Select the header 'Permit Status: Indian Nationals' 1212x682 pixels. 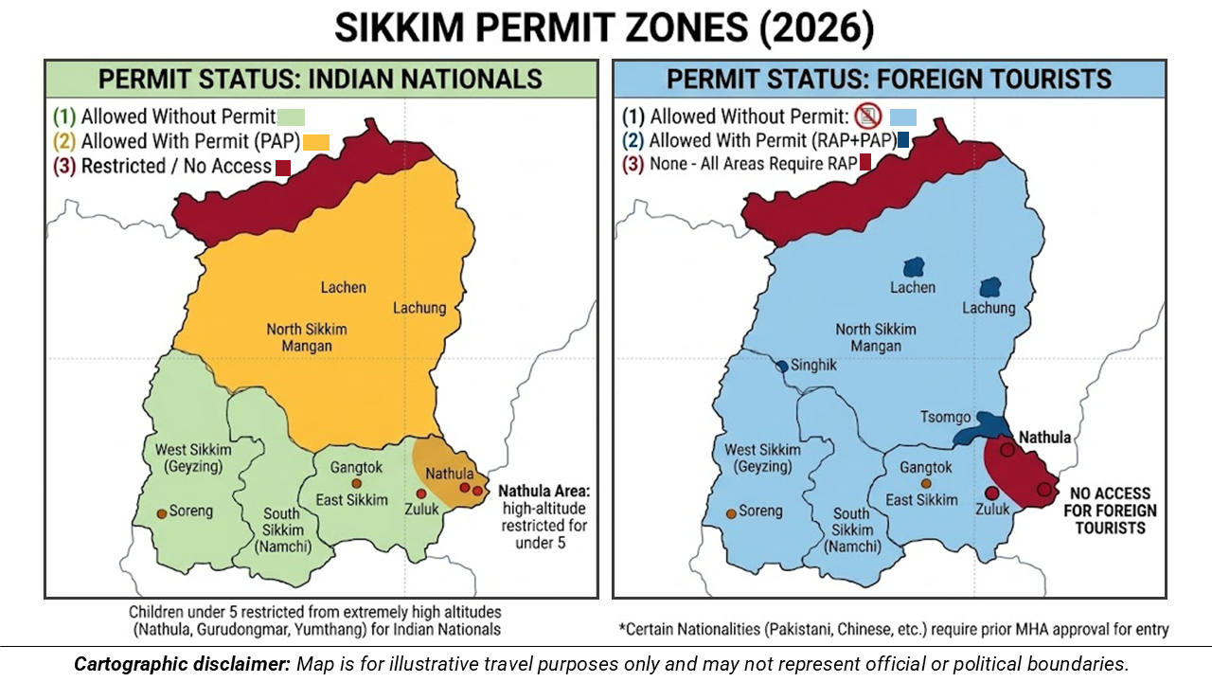[321, 79]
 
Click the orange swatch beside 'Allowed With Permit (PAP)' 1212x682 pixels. [315, 143]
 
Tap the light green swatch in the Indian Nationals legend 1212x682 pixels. [291, 117]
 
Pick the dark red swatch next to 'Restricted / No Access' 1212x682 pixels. [282, 169]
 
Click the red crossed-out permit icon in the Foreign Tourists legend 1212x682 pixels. [867, 117]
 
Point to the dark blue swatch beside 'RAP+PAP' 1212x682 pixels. [903, 140]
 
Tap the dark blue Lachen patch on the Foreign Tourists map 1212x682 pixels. [915, 268]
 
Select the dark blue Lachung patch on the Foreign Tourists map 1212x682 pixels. [990, 287]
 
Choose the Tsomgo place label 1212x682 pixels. [944, 417]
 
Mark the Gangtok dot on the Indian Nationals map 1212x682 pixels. [357, 483]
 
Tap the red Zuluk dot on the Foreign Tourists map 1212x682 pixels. [991, 493]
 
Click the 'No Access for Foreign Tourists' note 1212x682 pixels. [1111, 511]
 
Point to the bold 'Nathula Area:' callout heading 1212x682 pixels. [543, 492]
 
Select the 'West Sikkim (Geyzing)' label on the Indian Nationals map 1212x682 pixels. [183, 458]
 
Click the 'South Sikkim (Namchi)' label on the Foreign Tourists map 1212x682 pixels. [851, 529]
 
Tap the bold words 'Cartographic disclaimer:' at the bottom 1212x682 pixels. [182, 663]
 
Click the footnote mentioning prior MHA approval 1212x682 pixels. [894, 629]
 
